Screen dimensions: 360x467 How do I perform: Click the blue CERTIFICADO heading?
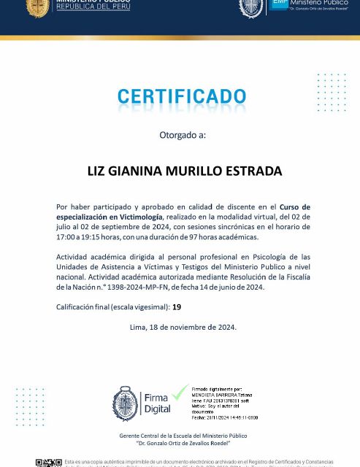182,96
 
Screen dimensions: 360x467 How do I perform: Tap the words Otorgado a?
183,135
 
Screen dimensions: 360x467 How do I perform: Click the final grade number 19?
176,307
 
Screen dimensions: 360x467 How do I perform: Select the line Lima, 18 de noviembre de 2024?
183,328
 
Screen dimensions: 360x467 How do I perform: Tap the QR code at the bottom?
49,463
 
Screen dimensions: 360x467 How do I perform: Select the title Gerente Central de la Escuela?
183,436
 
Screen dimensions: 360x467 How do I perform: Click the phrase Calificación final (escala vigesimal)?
112,307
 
